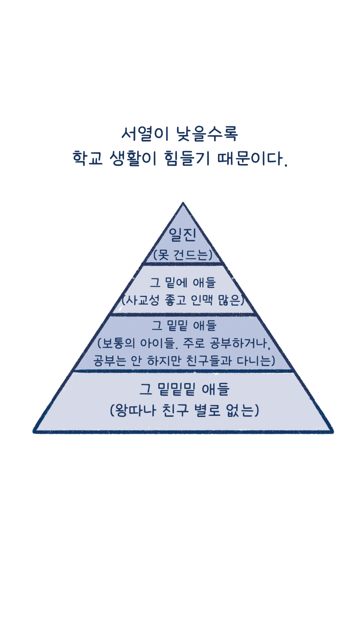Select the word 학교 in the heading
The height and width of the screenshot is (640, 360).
click(x=87, y=158)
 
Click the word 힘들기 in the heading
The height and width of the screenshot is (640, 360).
click(x=187, y=158)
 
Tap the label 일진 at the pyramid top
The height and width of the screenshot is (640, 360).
click(x=183, y=234)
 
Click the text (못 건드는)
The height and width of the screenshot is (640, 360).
click(x=183, y=255)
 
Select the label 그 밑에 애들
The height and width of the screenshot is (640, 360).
click(x=183, y=283)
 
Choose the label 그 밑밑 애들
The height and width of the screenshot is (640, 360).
click(x=184, y=325)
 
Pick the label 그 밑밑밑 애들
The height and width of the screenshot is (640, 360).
click(x=184, y=389)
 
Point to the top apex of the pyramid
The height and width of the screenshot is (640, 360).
click(x=183, y=203)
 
